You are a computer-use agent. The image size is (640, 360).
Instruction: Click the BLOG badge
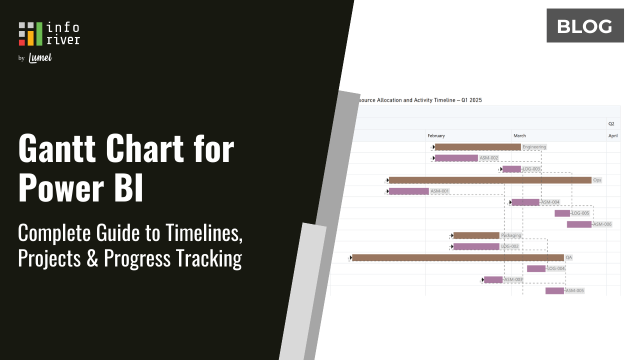[585, 25]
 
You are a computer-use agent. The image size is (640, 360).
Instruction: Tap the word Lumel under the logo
[40, 58]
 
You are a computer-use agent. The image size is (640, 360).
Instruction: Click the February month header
[436, 135]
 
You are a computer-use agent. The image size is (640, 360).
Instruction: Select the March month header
[519, 135]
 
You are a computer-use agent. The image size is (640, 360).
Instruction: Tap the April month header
[613, 135]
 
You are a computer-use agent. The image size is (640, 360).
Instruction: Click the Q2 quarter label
[611, 123]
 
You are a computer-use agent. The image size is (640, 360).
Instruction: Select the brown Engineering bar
[477, 147]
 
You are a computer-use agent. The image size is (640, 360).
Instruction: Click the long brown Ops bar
[490, 180]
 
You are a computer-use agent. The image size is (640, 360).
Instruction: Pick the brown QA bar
[458, 257]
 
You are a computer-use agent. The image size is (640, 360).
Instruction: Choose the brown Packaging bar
[476, 235]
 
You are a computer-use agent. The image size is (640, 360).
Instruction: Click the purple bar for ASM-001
[409, 191]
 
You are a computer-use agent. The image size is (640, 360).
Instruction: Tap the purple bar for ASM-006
[579, 224]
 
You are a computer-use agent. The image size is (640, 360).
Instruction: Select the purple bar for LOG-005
[562, 213]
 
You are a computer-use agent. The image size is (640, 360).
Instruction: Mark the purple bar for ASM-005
[554, 290]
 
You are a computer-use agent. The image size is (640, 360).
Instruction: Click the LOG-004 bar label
[556, 268]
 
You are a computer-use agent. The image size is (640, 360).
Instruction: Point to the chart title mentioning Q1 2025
[420, 100]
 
